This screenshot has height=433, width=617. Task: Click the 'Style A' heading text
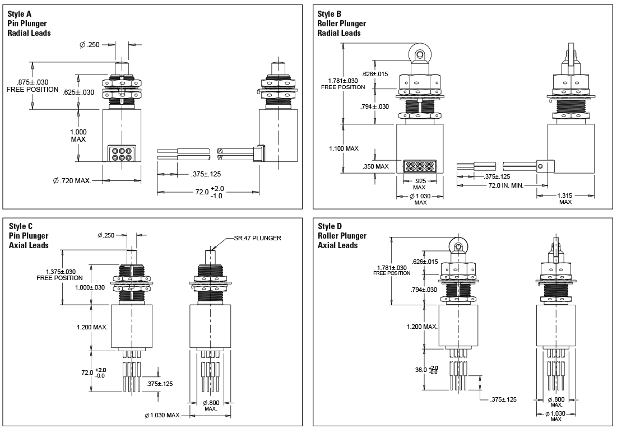20,14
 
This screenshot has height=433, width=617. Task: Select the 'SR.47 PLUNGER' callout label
257,238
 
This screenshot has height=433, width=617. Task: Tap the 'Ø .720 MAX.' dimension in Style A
72,180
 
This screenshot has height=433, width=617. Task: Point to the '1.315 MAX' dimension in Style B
565,199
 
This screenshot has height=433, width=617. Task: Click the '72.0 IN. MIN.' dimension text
505,185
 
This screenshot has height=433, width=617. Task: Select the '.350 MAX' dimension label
375,166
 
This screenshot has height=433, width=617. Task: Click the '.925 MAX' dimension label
420,184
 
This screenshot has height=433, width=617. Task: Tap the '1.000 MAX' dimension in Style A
78,136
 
